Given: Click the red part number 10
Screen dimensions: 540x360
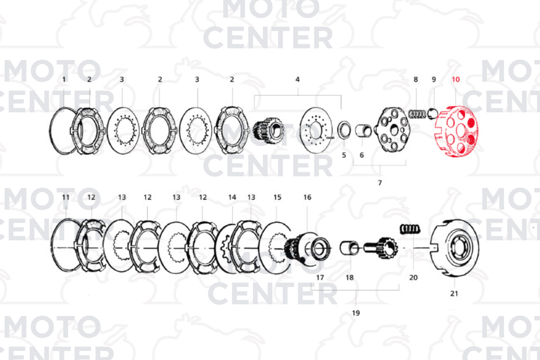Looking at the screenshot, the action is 456,80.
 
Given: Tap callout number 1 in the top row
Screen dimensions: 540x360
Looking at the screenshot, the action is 64,80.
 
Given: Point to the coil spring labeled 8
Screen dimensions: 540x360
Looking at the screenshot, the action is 417,114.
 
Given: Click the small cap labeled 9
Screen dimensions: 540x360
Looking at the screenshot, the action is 432,114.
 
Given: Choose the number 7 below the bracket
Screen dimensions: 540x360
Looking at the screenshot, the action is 380,183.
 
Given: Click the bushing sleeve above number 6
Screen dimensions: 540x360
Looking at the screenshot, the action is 363,130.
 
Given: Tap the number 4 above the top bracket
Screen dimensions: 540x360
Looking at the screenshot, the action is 297,80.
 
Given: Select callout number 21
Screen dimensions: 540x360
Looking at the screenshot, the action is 454,294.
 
